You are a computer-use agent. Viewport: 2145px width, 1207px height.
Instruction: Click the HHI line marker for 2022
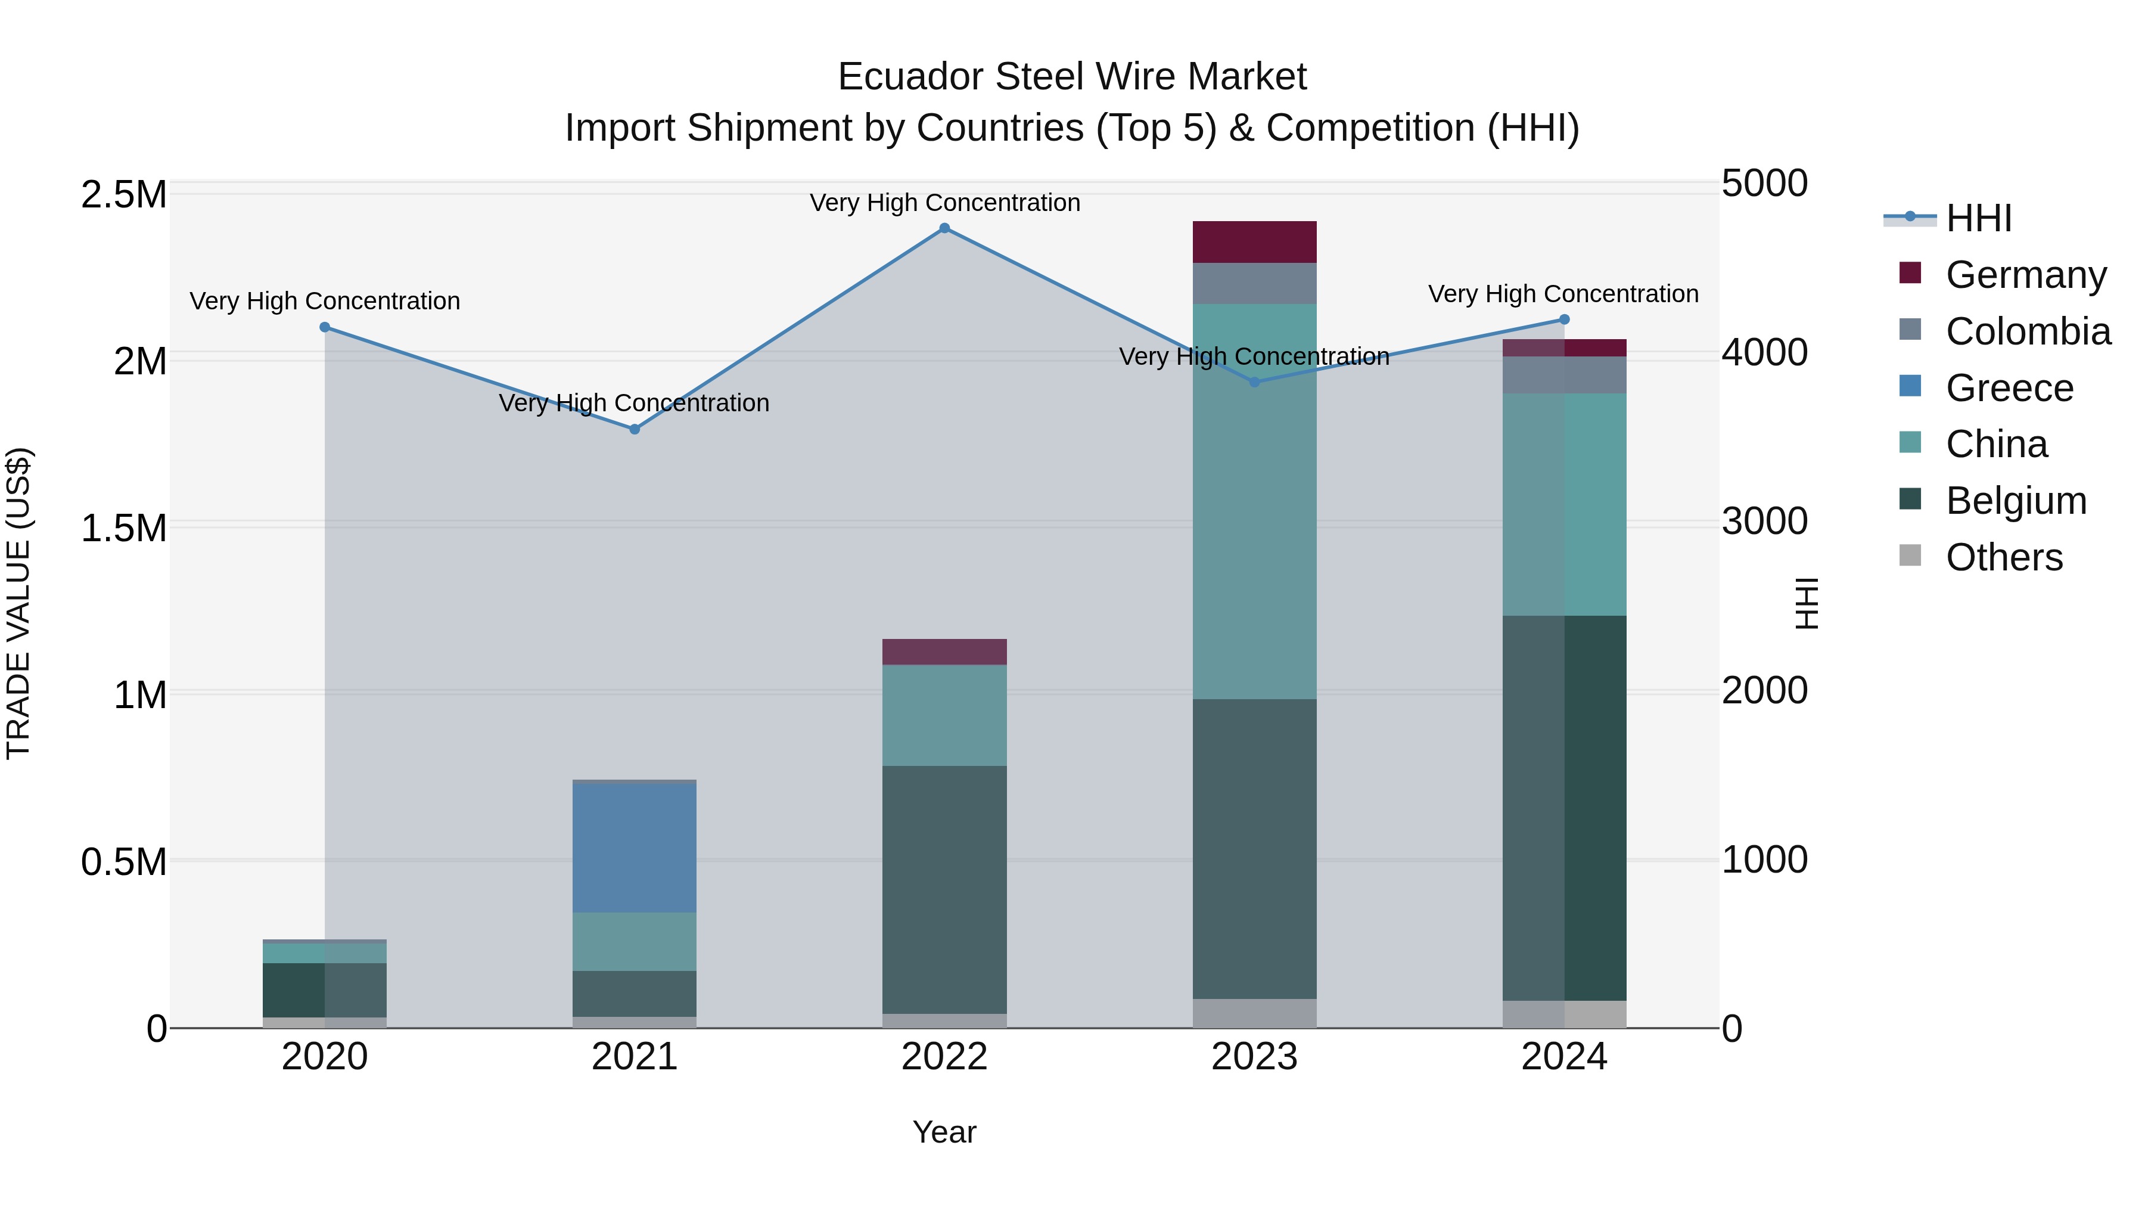(x=944, y=228)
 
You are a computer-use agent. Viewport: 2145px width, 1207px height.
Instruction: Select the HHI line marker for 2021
(x=635, y=429)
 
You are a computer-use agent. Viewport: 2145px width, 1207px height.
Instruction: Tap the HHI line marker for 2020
(x=325, y=327)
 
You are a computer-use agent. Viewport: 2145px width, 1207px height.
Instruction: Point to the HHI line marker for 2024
(x=1564, y=320)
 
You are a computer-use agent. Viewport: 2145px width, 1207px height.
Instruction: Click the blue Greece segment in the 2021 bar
(x=635, y=848)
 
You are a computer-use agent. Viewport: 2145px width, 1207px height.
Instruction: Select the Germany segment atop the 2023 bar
(x=1254, y=243)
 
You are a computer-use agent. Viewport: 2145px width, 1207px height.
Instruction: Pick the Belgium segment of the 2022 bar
(x=944, y=890)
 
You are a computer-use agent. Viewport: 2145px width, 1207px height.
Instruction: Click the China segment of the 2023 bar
(x=1254, y=501)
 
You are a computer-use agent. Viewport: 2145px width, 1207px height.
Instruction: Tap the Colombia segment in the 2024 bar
(x=1564, y=375)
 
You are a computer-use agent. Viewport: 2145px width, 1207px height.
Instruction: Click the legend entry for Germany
(x=2026, y=275)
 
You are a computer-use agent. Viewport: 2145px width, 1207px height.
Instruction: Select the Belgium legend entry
(x=2016, y=501)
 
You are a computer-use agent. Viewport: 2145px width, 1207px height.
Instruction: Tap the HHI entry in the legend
(x=1978, y=218)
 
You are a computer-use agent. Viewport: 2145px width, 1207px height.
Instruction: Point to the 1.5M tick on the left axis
(x=123, y=528)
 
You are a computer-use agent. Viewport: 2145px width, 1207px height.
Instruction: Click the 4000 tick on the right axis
(x=1764, y=352)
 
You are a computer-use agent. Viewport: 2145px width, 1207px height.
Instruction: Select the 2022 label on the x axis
(x=944, y=1057)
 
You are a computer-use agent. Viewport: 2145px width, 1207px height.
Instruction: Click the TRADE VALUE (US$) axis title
(x=18, y=604)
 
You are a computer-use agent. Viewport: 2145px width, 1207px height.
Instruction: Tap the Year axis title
(x=944, y=1132)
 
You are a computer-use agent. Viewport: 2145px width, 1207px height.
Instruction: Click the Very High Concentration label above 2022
(x=944, y=203)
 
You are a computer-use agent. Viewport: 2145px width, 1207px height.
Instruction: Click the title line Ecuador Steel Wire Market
(x=1072, y=77)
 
